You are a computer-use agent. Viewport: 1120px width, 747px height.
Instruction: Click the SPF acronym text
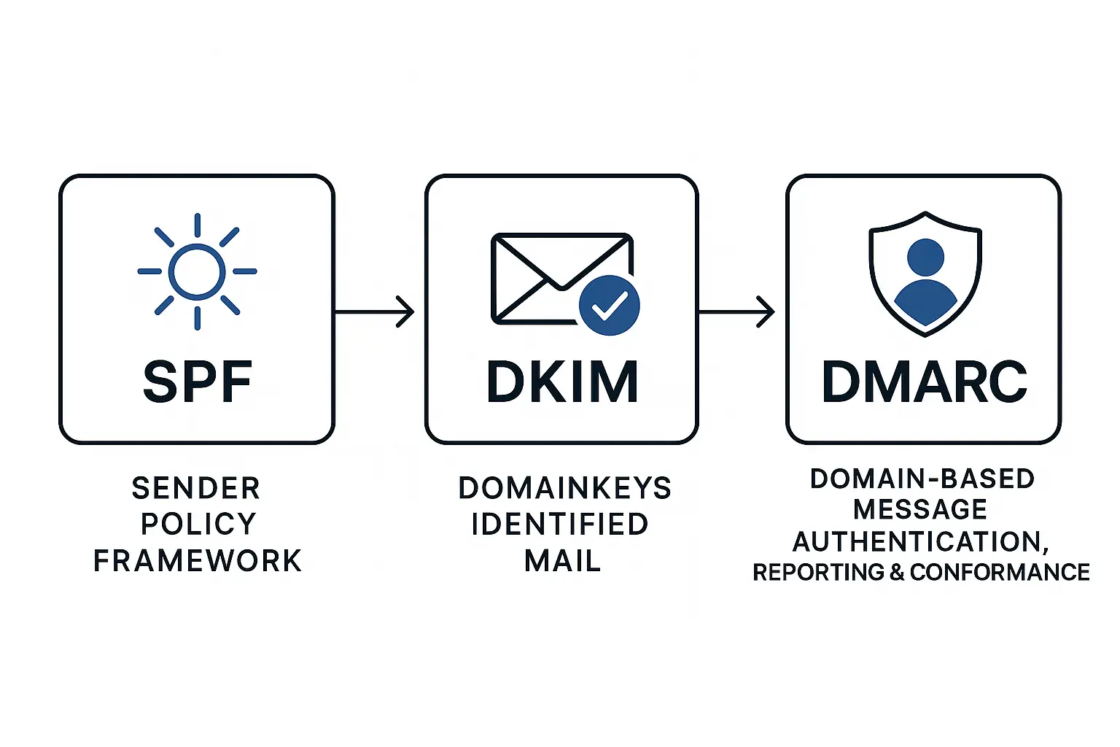(197, 382)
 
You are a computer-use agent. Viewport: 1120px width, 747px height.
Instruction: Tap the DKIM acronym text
(561, 382)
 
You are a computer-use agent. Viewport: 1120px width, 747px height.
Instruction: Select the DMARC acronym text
(924, 382)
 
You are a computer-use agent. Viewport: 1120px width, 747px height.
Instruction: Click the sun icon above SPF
(197, 271)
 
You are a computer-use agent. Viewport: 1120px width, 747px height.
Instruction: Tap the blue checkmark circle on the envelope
(609, 306)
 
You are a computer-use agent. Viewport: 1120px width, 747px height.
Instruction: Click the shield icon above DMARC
(925, 274)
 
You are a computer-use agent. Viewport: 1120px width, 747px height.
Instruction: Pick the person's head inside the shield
(925, 257)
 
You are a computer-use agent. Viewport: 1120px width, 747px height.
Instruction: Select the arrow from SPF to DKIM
(374, 312)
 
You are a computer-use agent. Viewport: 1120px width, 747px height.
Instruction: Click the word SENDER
(196, 488)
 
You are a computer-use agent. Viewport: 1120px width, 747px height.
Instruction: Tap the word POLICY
(198, 524)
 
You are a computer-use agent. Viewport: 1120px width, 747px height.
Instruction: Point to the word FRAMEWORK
(197, 561)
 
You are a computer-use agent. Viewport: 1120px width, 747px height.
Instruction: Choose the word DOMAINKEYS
(564, 488)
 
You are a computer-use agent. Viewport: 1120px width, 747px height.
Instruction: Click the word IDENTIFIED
(560, 524)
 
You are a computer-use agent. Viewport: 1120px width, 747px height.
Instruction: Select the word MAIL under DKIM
(562, 561)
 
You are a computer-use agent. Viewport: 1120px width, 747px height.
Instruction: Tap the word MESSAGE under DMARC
(920, 509)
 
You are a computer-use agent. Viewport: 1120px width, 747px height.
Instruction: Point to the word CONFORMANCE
(1000, 572)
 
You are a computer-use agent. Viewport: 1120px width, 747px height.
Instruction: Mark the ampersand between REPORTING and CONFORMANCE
(897, 572)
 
